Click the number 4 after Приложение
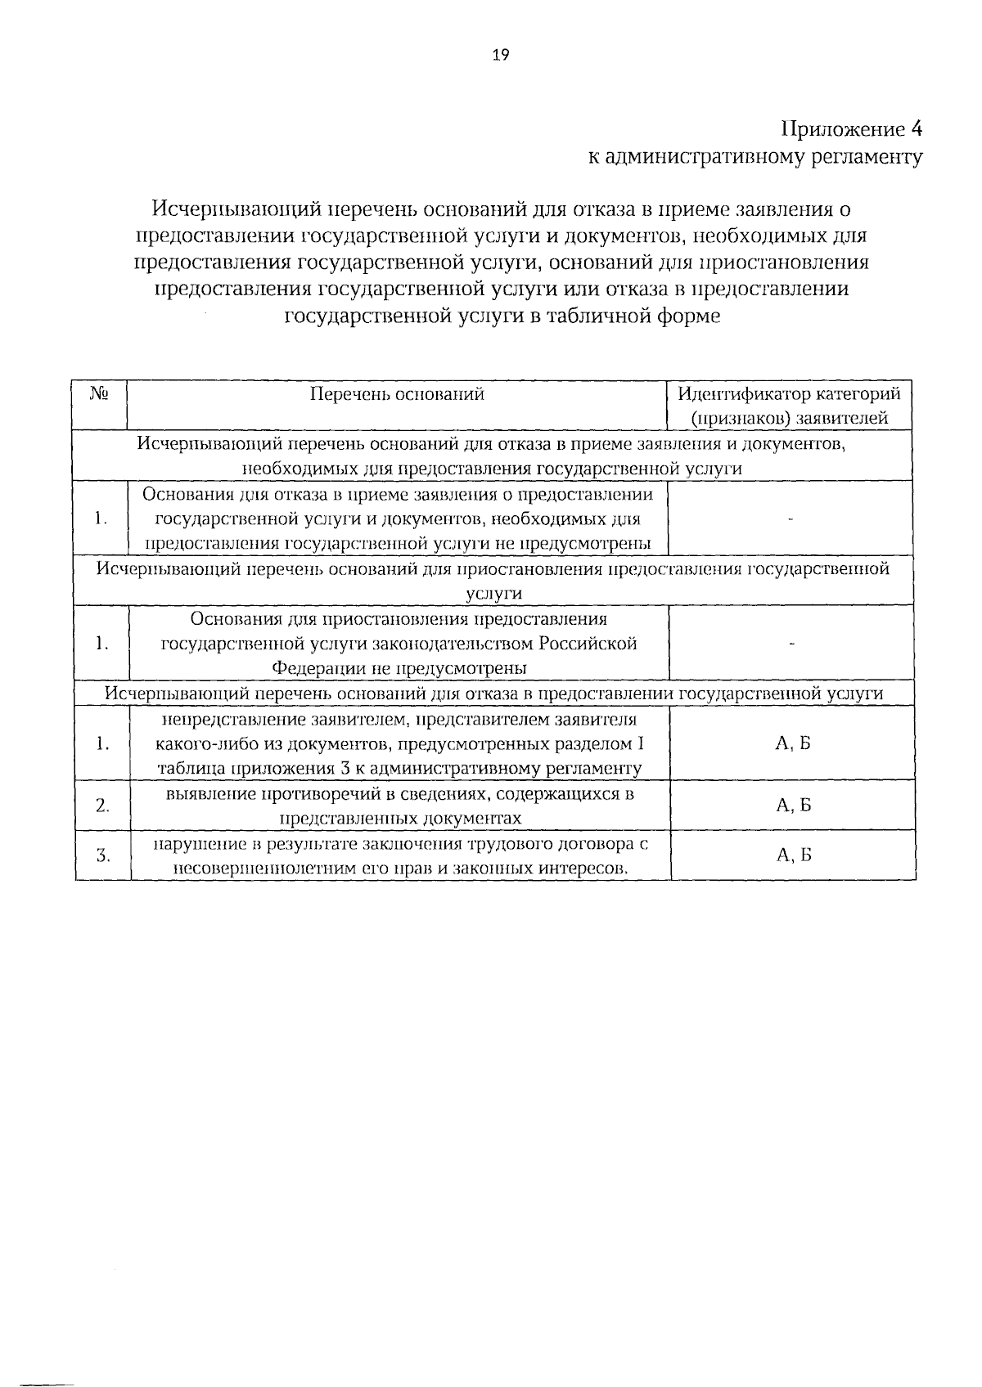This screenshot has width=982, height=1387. click(x=917, y=129)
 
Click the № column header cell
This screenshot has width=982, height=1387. click(x=101, y=394)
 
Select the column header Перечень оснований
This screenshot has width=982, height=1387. click(x=398, y=394)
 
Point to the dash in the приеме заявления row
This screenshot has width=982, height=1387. click(x=791, y=519)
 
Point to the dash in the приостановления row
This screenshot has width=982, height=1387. click(x=791, y=644)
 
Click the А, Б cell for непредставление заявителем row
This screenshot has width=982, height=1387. click(x=793, y=743)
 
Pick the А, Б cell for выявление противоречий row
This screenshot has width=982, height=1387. click(x=793, y=806)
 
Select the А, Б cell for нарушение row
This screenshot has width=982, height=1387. click(x=793, y=855)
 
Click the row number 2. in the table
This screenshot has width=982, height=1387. click(x=102, y=806)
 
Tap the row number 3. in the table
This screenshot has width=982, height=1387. click(x=102, y=855)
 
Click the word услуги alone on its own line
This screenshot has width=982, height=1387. click(x=493, y=594)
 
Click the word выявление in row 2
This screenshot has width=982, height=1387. click(x=200, y=794)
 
